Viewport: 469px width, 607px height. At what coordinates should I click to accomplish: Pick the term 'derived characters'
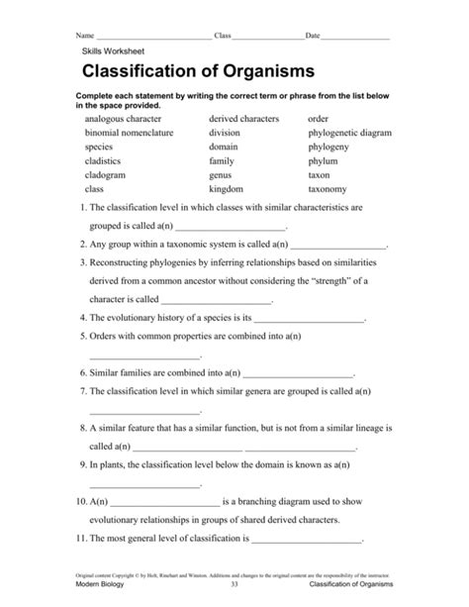point(244,118)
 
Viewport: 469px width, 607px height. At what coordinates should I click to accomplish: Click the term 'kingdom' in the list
point(227,187)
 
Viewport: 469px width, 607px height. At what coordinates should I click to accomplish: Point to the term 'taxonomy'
point(328,187)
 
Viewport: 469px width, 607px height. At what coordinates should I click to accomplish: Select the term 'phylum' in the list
point(324,159)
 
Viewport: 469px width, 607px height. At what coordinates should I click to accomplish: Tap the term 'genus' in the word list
point(222,173)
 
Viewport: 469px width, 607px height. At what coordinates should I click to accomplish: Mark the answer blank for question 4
point(311,320)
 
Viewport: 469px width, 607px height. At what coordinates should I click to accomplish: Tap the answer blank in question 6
point(297,375)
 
